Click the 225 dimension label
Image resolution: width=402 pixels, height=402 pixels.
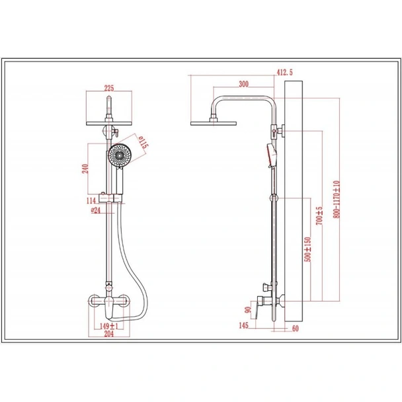[109, 88]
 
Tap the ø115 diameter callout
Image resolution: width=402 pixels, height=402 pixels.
[143, 142]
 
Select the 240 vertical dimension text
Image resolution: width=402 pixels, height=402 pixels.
[85, 169]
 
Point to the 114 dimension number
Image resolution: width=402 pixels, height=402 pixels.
[91, 200]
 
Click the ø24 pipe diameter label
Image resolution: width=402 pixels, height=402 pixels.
[96, 210]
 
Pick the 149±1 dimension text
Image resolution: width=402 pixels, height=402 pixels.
[109, 326]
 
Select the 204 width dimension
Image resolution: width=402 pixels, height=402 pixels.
[109, 334]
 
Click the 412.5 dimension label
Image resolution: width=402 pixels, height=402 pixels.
[284, 73]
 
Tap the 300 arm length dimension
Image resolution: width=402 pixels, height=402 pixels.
[243, 84]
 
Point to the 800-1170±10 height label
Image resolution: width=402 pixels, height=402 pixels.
[337, 200]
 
